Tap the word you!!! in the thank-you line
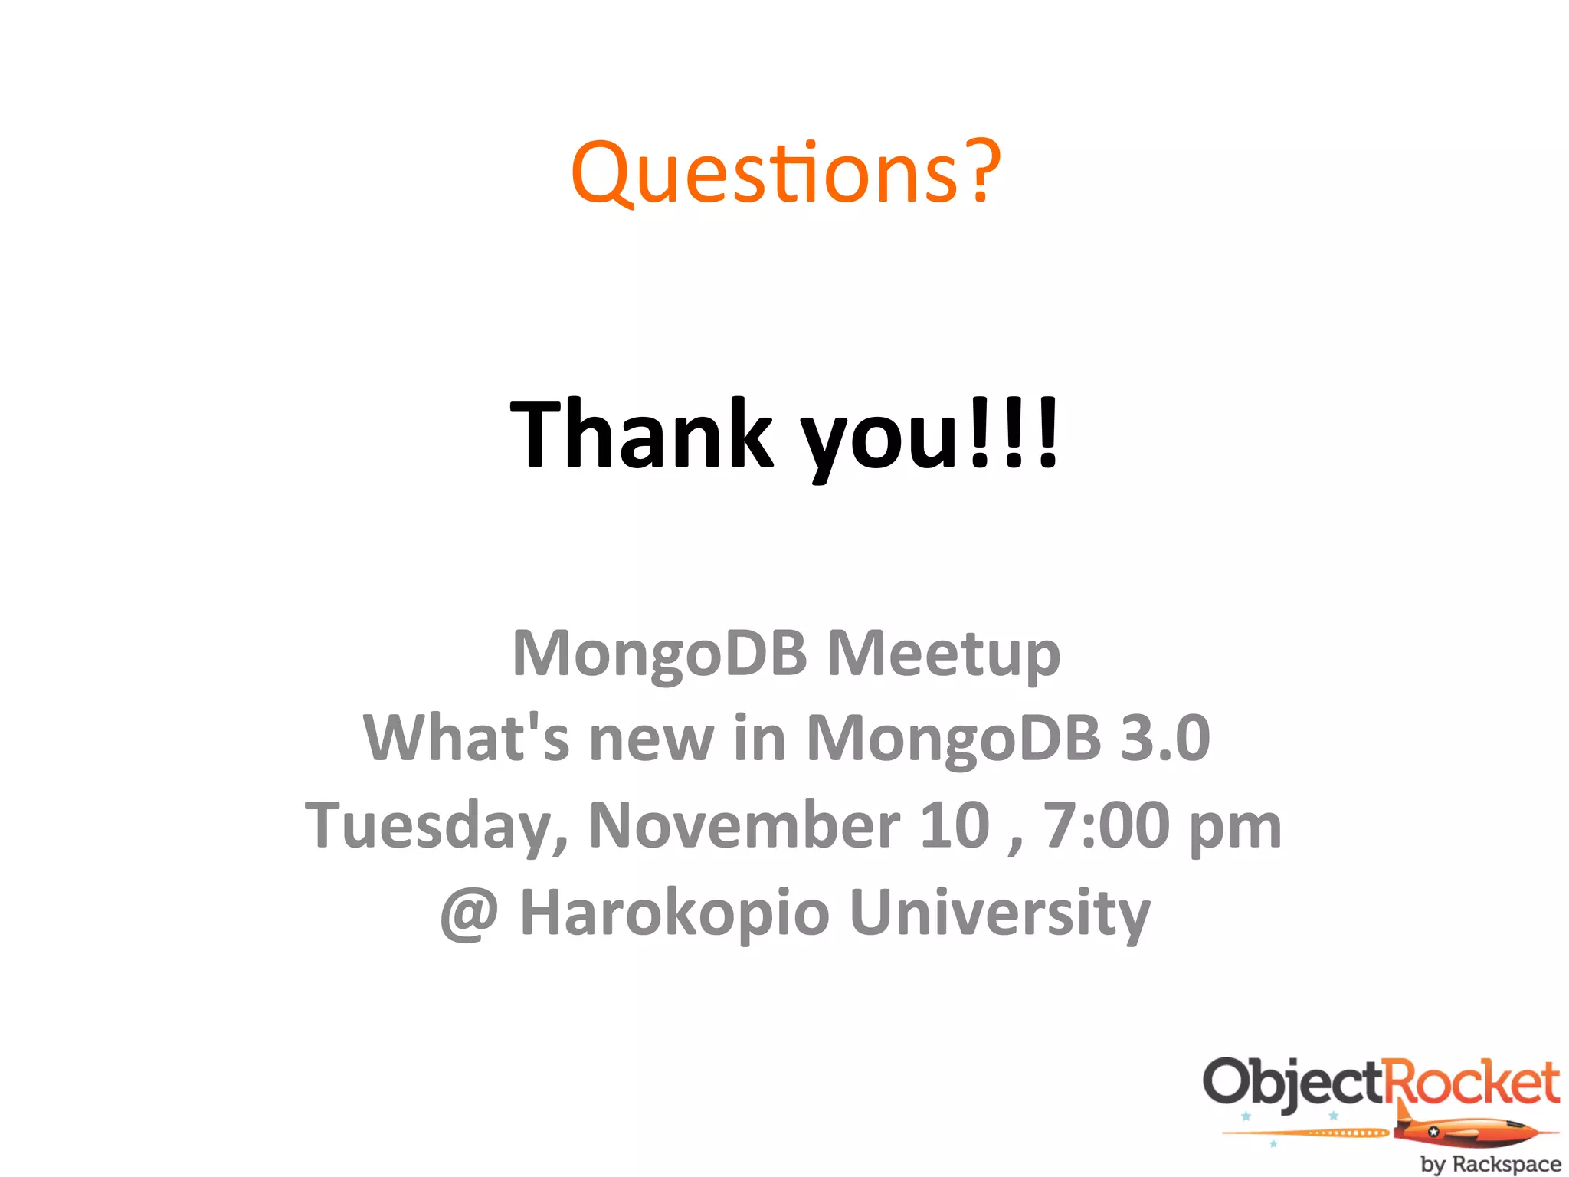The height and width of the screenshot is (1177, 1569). click(930, 437)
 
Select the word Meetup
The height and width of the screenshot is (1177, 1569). click(944, 654)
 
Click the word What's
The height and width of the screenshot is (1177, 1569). click(467, 737)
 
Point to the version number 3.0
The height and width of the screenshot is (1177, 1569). click(1165, 737)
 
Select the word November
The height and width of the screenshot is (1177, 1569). click(744, 825)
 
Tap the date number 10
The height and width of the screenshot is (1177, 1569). click(955, 825)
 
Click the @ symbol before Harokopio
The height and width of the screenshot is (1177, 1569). click(469, 913)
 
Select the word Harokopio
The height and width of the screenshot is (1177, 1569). click(674, 913)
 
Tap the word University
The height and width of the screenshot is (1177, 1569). click(1000, 913)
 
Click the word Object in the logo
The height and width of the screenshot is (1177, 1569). click(1293, 1083)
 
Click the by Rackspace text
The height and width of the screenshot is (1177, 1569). click(1490, 1163)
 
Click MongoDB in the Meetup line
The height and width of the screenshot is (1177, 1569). click(660, 654)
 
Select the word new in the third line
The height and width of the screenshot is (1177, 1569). click(651, 739)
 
